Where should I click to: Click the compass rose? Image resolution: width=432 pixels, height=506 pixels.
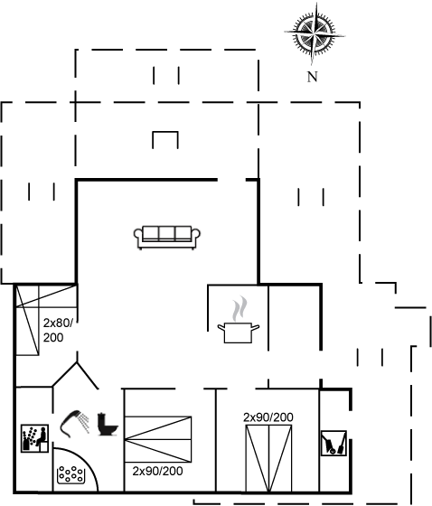[x=315, y=33]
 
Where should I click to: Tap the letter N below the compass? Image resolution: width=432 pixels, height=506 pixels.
[x=312, y=77]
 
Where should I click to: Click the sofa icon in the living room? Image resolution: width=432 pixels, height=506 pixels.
[x=167, y=238]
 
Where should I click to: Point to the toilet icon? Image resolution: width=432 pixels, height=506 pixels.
[x=108, y=425]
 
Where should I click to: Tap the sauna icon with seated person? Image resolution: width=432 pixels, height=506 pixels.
[x=34, y=438]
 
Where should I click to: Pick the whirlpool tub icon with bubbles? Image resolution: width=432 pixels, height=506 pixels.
[x=71, y=474]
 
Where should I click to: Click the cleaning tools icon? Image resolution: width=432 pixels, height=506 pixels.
[x=333, y=444]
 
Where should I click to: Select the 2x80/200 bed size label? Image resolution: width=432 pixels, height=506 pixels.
[x=58, y=330]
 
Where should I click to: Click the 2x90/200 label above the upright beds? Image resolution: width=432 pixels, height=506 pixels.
[x=268, y=417]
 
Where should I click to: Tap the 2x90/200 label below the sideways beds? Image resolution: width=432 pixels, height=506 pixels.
[x=157, y=471]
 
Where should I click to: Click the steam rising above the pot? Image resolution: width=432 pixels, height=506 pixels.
[x=239, y=308]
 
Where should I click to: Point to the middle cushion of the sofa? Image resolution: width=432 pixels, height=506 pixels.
[x=167, y=233]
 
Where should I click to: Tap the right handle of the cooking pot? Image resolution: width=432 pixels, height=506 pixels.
[x=256, y=328]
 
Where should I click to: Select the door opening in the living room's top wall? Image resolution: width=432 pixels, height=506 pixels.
[x=231, y=180]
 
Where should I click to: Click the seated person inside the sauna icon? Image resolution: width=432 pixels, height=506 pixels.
[x=42, y=436]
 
